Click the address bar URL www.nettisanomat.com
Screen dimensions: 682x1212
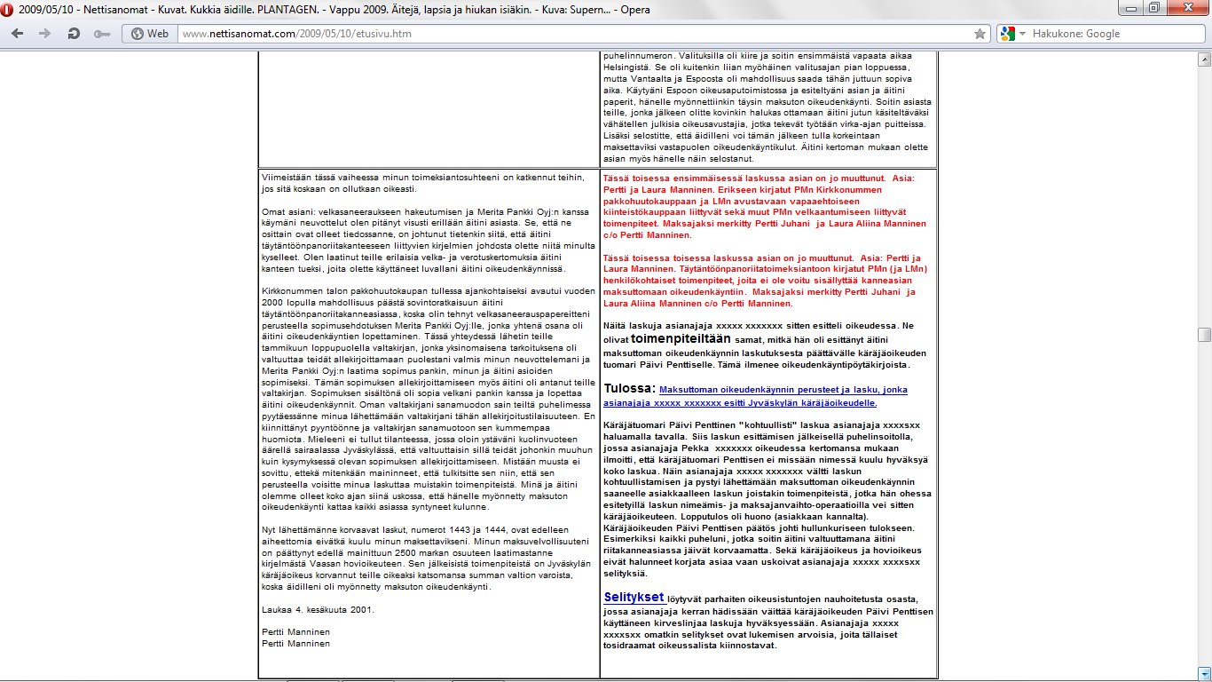[296, 34]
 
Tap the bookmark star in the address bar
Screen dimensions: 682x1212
[980, 34]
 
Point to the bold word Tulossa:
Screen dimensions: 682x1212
[629, 388]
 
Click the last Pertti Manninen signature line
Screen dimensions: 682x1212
[295, 643]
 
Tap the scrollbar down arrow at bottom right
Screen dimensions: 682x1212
[1204, 672]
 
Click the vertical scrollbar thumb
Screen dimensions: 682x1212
[1204, 334]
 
